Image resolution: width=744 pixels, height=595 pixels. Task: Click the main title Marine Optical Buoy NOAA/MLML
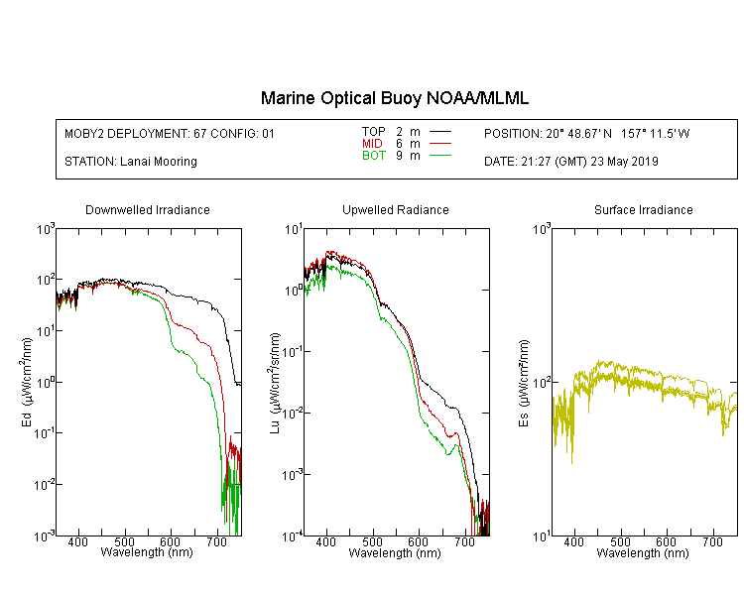(x=394, y=98)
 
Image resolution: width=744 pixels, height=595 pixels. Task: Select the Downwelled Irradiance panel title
(x=148, y=209)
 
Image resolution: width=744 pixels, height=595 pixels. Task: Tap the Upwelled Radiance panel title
(x=396, y=209)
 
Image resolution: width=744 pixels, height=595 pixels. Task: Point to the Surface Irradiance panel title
(x=644, y=209)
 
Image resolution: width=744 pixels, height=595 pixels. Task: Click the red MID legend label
(x=372, y=143)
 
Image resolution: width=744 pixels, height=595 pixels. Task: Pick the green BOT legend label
(x=374, y=156)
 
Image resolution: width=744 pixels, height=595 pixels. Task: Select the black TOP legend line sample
(x=440, y=132)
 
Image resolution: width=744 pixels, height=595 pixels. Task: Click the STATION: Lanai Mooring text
(x=131, y=162)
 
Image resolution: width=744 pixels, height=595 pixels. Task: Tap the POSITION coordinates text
(x=587, y=134)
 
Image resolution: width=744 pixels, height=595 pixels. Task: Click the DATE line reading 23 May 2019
(x=571, y=162)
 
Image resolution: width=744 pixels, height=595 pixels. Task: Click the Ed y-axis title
(x=27, y=383)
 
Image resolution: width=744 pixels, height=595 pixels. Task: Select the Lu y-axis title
(x=275, y=384)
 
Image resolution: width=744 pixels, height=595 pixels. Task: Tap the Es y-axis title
(x=524, y=384)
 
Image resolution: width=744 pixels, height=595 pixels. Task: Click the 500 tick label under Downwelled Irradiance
(x=124, y=541)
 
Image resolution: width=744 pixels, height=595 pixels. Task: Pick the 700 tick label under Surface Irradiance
(x=712, y=541)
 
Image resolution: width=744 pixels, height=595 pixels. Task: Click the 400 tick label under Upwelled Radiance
(x=326, y=541)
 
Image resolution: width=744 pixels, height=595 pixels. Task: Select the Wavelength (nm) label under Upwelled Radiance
(x=395, y=553)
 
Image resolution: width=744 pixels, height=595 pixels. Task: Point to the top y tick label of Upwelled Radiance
(x=294, y=230)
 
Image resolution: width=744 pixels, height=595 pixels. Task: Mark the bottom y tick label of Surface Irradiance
(x=542, y=536)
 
